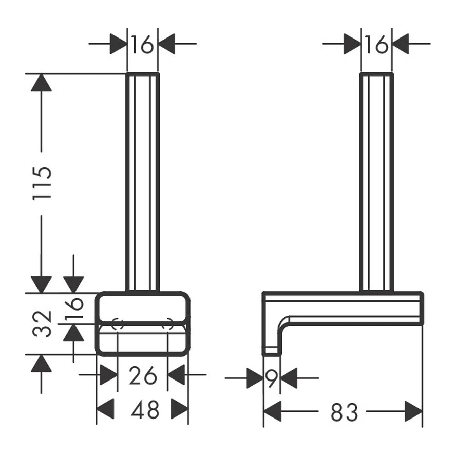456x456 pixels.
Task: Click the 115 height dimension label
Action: click(42, 183)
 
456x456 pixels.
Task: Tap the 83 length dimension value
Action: click(345, 412)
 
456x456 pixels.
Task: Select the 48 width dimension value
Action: click(145, 409)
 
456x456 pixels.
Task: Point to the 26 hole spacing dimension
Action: click(143, 375)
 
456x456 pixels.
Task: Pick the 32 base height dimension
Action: click(42, 324)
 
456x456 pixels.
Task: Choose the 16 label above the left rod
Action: click(142, 45)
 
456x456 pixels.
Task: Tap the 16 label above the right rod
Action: click(376, 45)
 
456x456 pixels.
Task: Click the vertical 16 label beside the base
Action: click(74, 308)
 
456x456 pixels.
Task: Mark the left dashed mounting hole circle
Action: click(118, 324)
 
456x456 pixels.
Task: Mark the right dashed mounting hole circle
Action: click(168, 324)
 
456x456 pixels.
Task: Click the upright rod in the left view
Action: click(142, 182)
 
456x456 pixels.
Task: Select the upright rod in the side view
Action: click(376, 182)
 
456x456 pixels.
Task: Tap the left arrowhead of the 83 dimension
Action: click(273, 411)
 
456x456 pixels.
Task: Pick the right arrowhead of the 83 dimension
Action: click(413, 411)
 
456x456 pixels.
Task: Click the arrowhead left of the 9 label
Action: click(255, 378)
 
